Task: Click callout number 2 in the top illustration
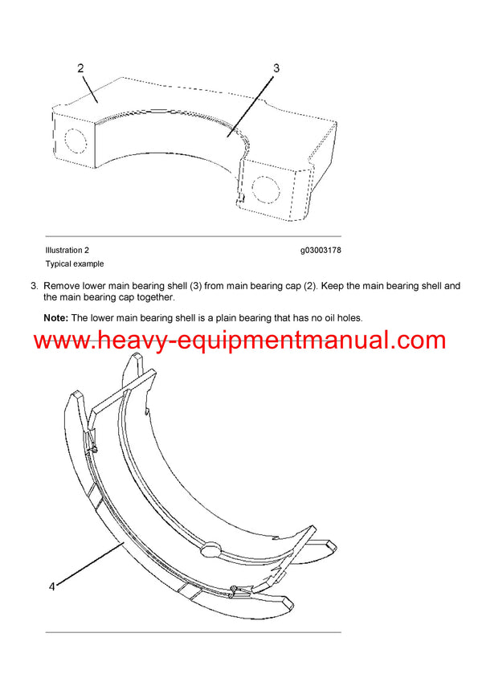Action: [x=81, y=68]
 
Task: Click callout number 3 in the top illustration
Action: [x=276, y=68]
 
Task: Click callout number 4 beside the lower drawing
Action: [x=51, y=586]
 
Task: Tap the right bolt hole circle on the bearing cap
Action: [x=263, y=187]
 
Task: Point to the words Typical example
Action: [x=74, y=263]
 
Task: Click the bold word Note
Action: [x=55, y=318]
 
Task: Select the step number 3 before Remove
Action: [x=33, y=286]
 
